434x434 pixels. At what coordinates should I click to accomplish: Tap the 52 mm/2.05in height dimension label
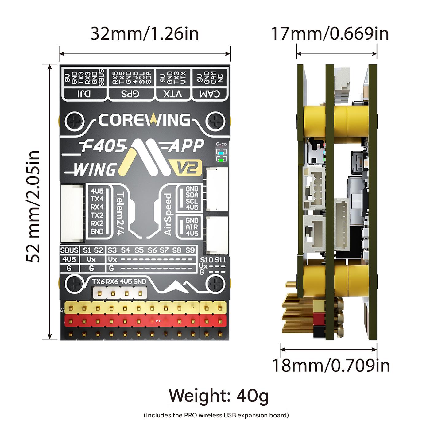pos(33,207)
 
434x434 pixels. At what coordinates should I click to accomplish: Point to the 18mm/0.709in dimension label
pos(331,365)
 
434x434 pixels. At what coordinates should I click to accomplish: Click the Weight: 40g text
pos(219,396)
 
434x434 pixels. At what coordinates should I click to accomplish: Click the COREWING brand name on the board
pos(144,120)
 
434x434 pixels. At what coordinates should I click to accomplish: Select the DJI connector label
pos(84,94)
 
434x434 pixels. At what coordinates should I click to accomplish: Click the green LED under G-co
pos(221,159)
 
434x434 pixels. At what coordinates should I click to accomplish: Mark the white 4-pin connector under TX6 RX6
pos(120,293)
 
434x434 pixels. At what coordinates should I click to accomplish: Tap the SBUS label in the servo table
pos(69,250)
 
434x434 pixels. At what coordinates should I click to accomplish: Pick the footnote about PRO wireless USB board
pos(216,415)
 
